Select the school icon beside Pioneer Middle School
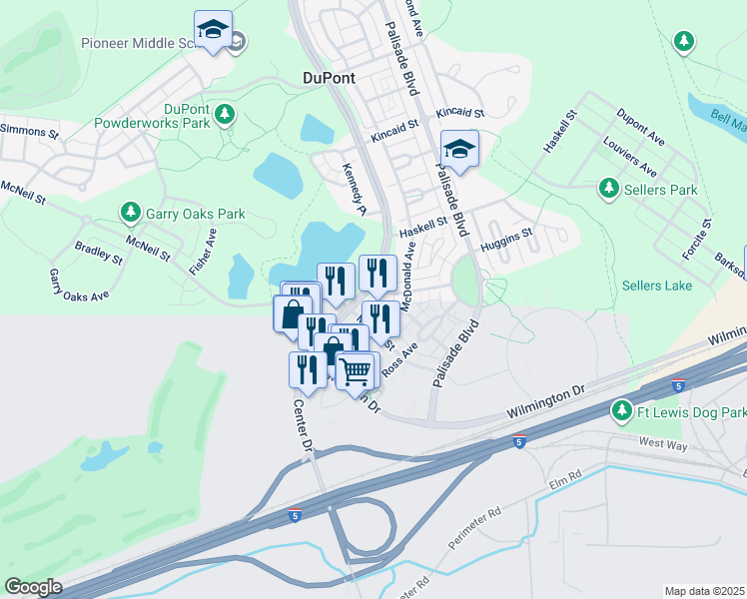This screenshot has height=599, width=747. click(213, 30)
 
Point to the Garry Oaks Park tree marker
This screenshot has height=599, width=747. click(130, 213)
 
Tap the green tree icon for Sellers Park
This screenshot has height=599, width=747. click(607, 188)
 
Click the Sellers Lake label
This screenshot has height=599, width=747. click(657, 286)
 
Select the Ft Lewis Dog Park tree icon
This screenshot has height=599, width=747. click(621, 410)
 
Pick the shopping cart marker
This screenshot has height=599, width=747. click(356, 372)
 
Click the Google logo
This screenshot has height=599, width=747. click(33, 587)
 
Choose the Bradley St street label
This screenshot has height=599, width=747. click(99, 252)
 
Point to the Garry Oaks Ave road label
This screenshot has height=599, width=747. click(79, 285)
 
